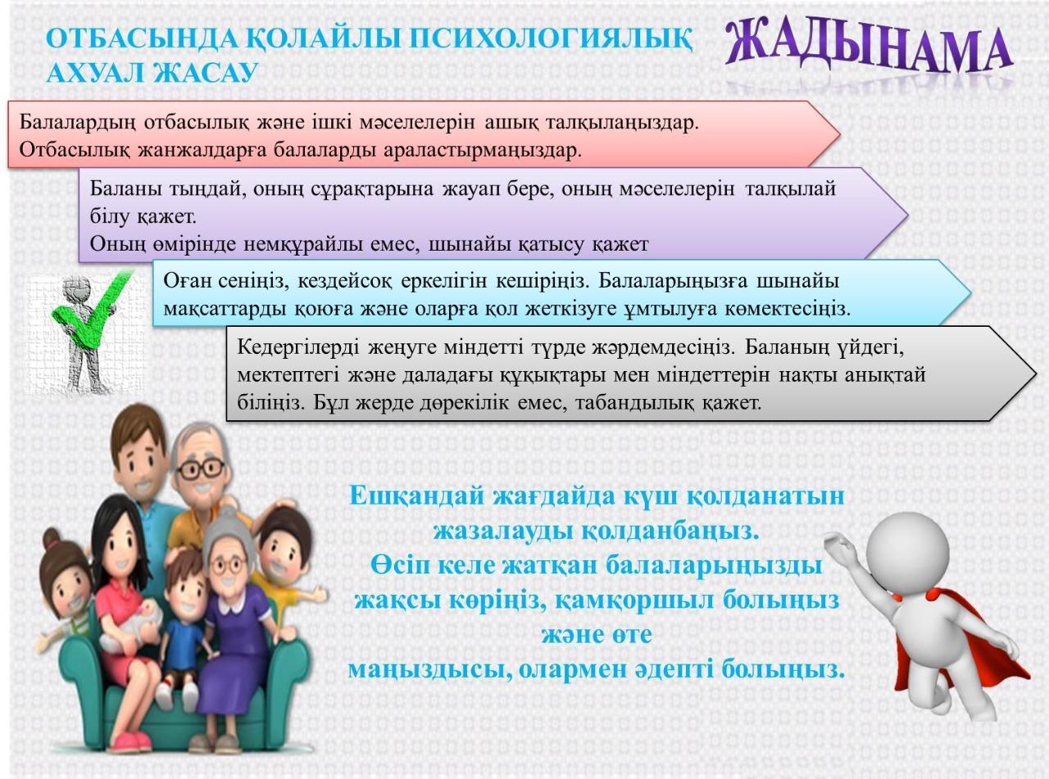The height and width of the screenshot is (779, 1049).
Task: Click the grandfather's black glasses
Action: coord(200,468)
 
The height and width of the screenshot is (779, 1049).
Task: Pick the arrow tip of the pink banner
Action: coord(840,134)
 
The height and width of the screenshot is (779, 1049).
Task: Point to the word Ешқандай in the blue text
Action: coord(418,496)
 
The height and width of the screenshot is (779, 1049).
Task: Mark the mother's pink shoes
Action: coord(128,739)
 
